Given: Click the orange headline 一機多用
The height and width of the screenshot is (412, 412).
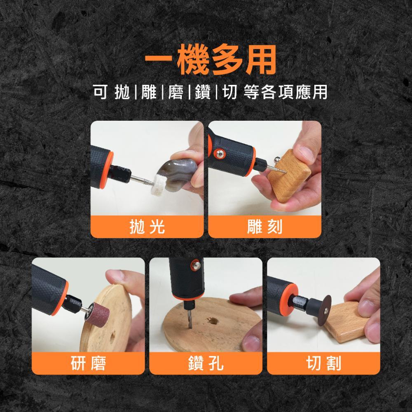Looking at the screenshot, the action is [x=211, y=60].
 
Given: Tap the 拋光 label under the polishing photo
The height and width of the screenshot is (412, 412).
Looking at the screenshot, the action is [x=147, y=227].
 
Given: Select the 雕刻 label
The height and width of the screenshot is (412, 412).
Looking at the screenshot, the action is [x=265, y=227].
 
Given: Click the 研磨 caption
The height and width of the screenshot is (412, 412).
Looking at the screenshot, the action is [x=88, y=363].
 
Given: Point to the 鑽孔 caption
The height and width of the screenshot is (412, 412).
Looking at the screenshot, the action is [x=206, y=363].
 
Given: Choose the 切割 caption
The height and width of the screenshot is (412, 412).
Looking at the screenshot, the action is [x=323, y=363].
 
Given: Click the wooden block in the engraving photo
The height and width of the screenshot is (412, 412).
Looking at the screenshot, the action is [x=289, y=176].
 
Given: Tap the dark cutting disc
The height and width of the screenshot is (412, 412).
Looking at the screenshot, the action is [x=324, y=311].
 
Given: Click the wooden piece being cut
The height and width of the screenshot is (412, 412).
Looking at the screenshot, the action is [x=344, y=322].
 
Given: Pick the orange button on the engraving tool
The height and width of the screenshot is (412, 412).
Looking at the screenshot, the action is [x=218, y=154].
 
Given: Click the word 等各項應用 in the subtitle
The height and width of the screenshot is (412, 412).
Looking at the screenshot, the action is [x=286, y=92].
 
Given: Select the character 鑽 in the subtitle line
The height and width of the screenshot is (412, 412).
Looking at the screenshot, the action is [x=203, y=92].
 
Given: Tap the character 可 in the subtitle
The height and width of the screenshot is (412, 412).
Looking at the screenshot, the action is [x=100, y=92].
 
